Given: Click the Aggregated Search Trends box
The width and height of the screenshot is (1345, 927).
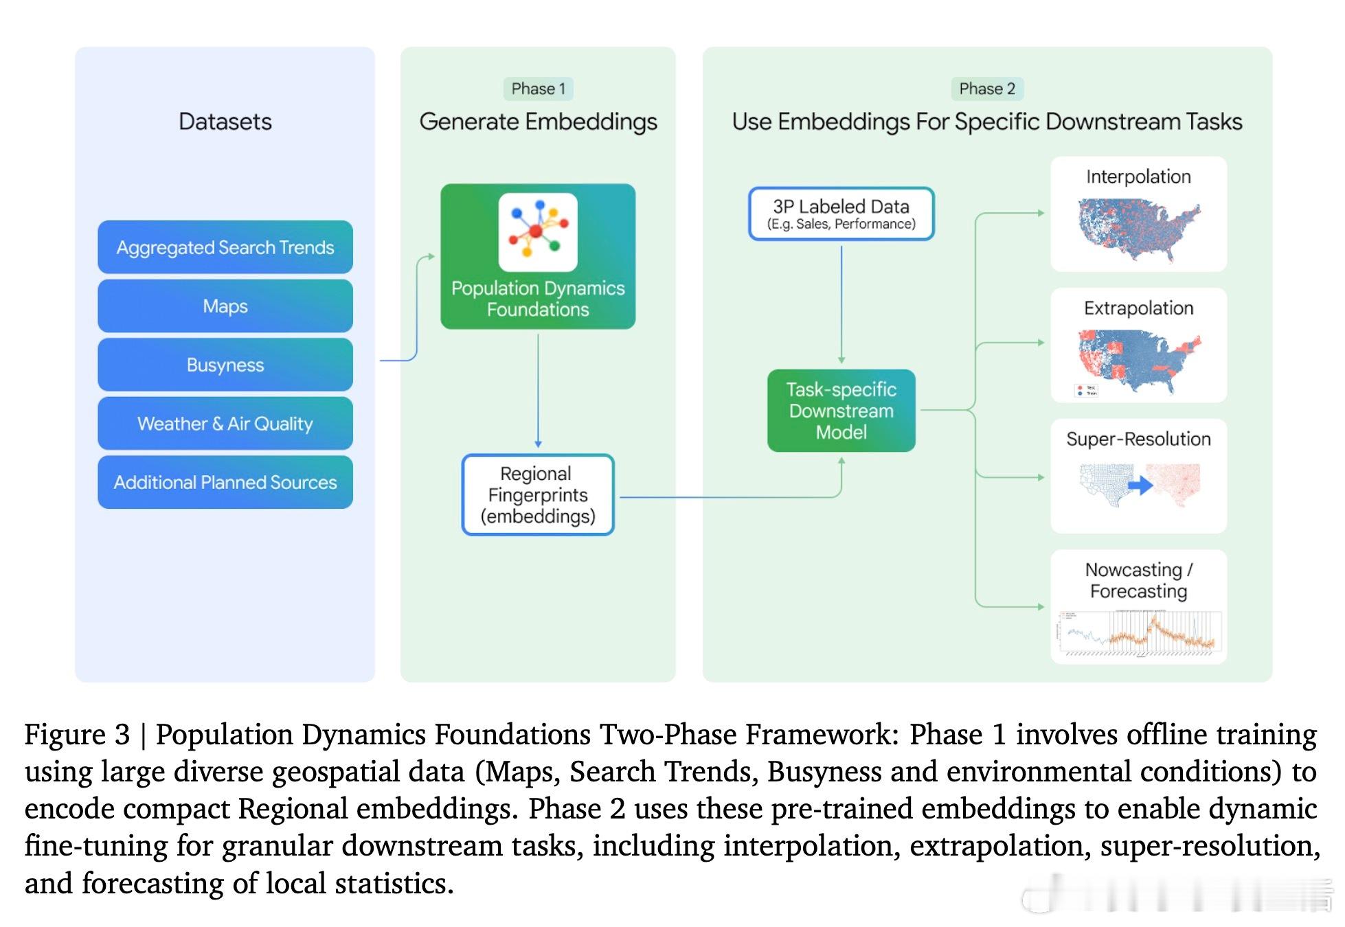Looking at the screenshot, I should pyautogui.click(x=225, y=247).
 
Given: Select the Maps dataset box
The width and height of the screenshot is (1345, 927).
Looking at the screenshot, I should pyautogui.click(x=225, y=306).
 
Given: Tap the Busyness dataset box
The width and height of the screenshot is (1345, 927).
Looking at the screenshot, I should pyautogui.click(x=225, y=365).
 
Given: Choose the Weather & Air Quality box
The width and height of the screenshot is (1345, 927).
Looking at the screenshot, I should pyautogui.click(x=225, y=424).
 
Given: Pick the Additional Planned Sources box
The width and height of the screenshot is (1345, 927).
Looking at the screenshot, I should pyautogui.click(x=225, y=482).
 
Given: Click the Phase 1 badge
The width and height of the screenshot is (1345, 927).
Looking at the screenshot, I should pyautogui.click(x=538, y=89).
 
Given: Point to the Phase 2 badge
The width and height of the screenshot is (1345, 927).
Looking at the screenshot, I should pyautogui.click(x=986, y=89).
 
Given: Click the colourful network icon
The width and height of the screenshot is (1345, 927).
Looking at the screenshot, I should pyautogui.click(x=538, y=231).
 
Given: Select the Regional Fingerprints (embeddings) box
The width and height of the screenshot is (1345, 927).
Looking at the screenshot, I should pyautogui.click(x=538, y=494).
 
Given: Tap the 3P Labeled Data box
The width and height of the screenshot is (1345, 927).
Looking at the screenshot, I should pyautogui.click(x=841, y=214).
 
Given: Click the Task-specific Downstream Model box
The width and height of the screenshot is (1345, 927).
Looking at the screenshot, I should pyautogui.click(x=841, y=411).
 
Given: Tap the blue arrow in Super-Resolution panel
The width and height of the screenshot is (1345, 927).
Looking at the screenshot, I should pyautogui.click(x=1140, y=485).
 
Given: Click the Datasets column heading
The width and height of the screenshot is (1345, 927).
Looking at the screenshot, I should pyautogui.click(x=225, y=122).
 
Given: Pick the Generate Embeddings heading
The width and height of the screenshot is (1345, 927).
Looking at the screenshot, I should pyautogui.click(x=538, y=122).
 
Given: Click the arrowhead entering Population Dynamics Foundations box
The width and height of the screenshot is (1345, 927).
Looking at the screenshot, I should pyautogui.click(x=431, y=256).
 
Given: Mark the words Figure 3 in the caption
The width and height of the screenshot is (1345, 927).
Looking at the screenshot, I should pyautogui.click(x=77, y=735).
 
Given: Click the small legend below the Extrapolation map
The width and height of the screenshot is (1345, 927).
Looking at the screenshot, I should pyautogui.click(x=1086, y=391).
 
